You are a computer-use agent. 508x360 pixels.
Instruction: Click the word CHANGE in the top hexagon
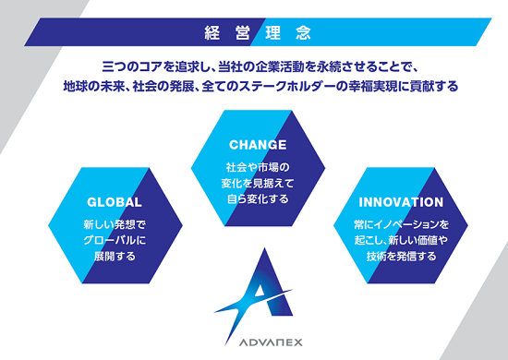click(258, 145)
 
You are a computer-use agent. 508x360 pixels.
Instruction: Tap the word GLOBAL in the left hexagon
click(115, 202)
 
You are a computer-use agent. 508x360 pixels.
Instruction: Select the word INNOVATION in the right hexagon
click(401, 202)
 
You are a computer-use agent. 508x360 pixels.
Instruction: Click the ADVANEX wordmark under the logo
click(271, 342)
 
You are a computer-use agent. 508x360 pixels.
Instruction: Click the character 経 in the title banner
click(212, 32)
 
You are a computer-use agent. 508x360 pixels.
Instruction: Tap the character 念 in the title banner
click(303, 32)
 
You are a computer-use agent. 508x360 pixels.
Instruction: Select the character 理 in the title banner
click(272, 32)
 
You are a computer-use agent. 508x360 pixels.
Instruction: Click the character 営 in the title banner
click(243, 32)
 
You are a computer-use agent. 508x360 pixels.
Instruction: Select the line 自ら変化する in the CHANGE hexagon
click(258, 198)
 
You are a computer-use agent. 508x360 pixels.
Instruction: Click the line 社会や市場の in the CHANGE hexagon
click(258, 167)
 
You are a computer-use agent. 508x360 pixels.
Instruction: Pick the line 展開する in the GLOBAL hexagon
click(115, 256)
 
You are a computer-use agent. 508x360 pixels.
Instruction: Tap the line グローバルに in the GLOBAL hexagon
click(115, 240)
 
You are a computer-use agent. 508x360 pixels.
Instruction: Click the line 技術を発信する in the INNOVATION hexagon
click(401, 256)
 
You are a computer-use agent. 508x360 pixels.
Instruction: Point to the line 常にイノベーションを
click(401, 224)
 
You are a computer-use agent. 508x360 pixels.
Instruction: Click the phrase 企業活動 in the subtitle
click(280, 66)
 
